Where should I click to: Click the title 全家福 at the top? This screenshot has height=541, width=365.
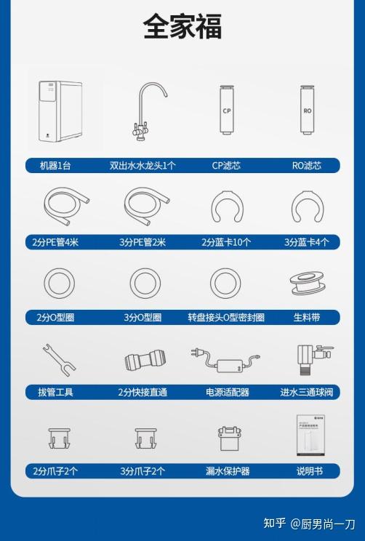[x=182, y=28]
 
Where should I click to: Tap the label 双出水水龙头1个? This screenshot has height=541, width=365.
[x=143, y=166]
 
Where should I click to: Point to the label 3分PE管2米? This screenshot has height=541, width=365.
[x=143, y=243]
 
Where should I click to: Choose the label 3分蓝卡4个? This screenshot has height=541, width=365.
[x=306, y=243]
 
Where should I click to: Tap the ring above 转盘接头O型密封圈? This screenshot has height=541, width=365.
[x=226, y=283]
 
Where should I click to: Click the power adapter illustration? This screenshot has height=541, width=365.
[x=225, y=359]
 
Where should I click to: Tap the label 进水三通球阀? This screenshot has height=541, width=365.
[x=306, y=393]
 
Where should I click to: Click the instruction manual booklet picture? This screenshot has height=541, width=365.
[x=308, y=435]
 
